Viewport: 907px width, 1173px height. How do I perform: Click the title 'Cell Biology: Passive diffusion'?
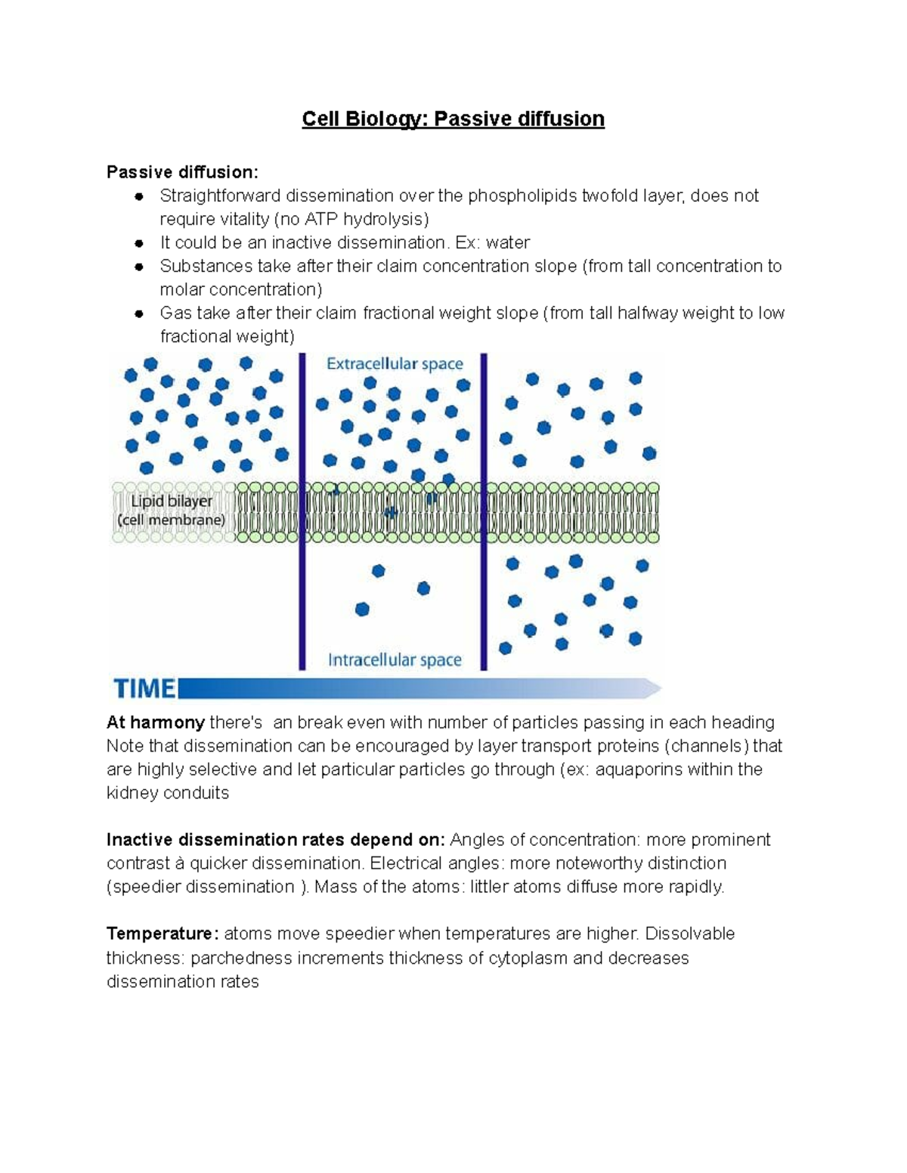[453, 119]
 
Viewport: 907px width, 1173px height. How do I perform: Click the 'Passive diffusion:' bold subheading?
[182, 172]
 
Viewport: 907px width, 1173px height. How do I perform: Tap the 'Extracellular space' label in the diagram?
[395, 364]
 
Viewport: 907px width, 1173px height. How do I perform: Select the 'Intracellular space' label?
[395, 660]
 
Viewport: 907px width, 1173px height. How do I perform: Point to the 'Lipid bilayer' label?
[172, 501]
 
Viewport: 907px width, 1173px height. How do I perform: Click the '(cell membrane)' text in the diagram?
[172, 520]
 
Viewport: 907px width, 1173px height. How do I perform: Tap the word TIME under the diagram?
[144, 688]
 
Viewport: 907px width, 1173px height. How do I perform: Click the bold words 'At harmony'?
[155, 723]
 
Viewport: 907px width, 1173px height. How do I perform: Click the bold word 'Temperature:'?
[163, 934]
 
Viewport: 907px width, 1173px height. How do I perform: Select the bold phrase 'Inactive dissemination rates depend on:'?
[276, 840]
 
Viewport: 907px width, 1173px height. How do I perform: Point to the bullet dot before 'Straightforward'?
[139, 196]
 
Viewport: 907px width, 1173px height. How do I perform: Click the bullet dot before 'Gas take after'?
[139, 313]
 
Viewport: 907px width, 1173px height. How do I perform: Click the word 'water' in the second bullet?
[508, 242]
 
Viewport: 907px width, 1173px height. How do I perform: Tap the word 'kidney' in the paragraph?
[131, 793]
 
